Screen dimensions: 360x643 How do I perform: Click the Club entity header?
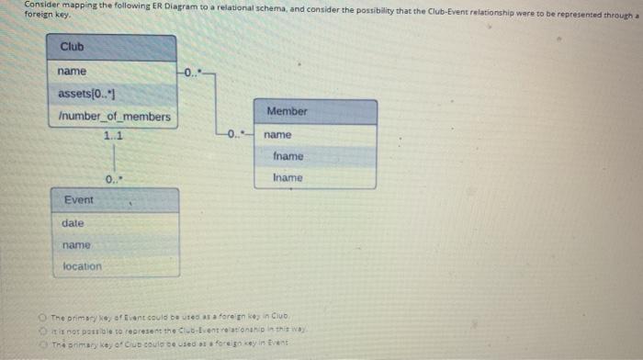tap(72, 48)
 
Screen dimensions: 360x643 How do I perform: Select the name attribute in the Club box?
tap(72, 72)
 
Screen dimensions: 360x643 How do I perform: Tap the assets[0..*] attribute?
tap(86, 94)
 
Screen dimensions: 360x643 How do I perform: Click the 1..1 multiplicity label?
tap(114, 137)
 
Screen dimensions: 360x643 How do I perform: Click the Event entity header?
tap(78, 199)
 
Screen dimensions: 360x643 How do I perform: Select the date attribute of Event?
tap(73, 223)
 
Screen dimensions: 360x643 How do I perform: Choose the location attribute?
tap(82, 267)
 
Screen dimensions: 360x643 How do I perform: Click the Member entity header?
tap(287, 111)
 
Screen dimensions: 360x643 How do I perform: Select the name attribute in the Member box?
tap(276, 135)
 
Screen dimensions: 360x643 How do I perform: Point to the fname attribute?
tap(288, 156)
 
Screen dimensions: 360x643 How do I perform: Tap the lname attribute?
tap(288, 177)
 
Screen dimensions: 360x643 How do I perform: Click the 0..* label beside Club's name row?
tap(188, 72)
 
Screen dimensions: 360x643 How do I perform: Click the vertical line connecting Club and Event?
tap(114, 157)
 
